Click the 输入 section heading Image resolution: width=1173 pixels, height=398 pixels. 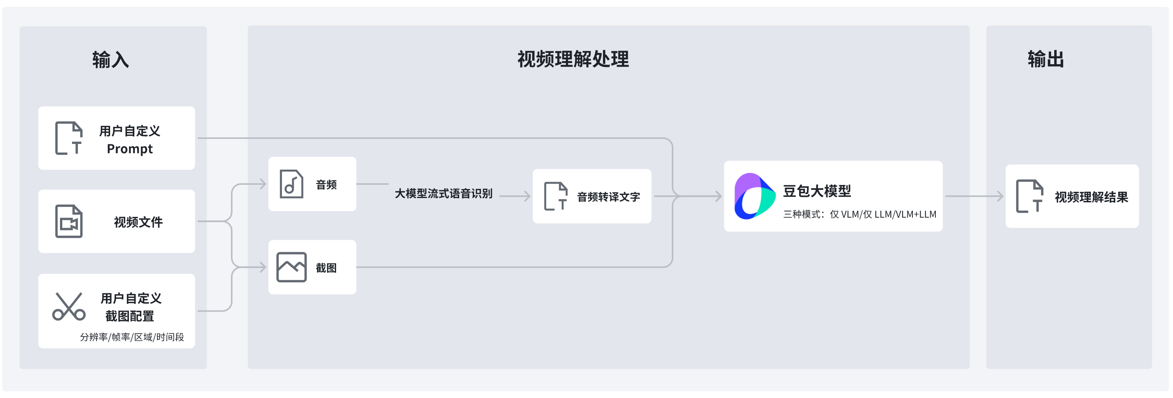(111, 60)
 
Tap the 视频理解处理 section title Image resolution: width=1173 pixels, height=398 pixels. (573, 59)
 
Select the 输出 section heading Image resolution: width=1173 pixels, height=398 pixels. (1046, 59)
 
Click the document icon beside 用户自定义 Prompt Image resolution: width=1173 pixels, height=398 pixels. (69, 138)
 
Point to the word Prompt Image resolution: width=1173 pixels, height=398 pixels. (130, 149)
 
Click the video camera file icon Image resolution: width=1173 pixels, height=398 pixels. (69, 221)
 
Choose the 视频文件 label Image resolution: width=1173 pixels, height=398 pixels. (138, 222)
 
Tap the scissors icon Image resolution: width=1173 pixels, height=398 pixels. (69, 307)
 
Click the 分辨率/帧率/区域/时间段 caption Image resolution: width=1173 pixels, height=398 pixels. (132, 337)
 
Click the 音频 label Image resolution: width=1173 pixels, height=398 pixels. (326, 185)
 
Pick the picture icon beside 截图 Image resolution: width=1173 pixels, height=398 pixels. (291, 267)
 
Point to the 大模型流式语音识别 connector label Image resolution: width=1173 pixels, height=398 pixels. (444, 194)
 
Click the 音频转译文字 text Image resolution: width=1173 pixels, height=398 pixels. (608, 197)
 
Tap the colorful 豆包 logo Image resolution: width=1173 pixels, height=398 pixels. (754, 196)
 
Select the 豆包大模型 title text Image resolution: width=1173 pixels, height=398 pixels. (817, 191)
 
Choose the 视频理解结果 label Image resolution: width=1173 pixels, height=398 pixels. (1091, 197)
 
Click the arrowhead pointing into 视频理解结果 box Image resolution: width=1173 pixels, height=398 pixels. (1000, 196)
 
